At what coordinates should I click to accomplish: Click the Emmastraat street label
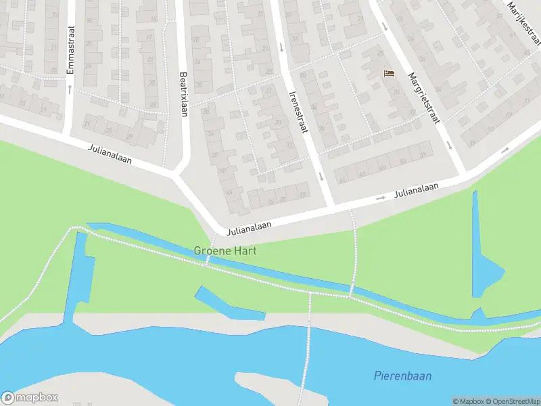click(x=70, y=50)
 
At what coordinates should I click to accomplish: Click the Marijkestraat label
click(x=523, y=18)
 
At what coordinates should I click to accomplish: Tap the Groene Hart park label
click(x=225, y=250)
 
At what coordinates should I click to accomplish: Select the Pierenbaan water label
click(x=403, y=376)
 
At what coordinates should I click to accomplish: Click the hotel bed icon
click(x=389, y=73)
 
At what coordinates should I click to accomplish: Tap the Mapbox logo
click(x=30, y=398)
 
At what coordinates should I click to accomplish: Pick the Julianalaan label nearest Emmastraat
click(x=110, y=154)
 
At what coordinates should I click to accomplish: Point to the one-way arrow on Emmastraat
click(x=70, y=89)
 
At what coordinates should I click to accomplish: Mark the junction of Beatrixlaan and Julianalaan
click(x=178, y=175)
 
